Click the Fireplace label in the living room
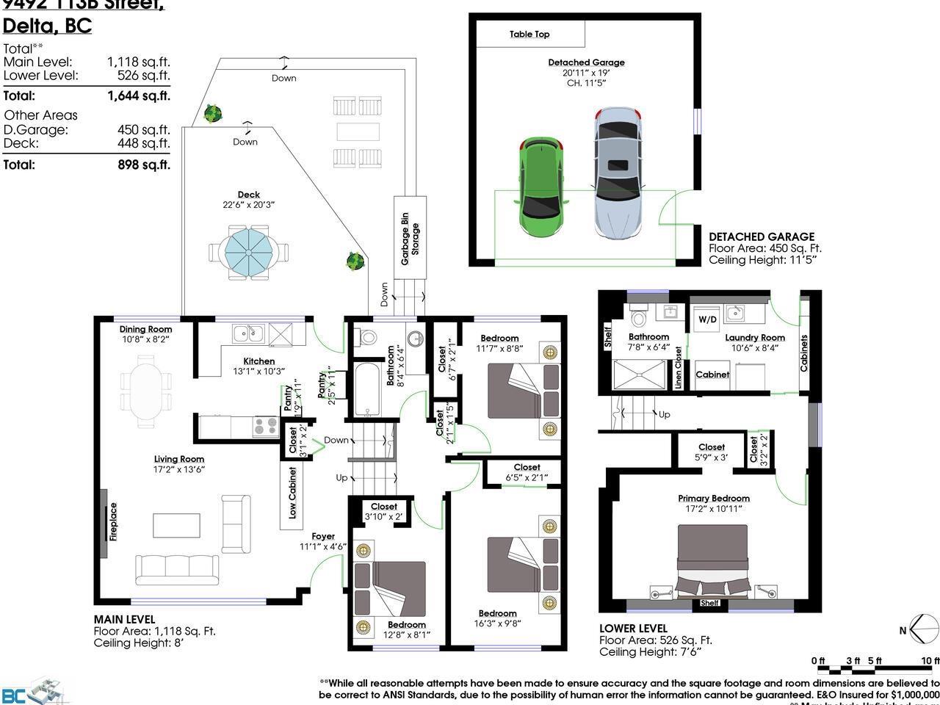point(113,521)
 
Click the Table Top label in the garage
point(529,34)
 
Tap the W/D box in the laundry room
point(707,319)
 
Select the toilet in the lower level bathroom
point(637,316)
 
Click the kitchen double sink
point(250,334)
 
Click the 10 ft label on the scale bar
point(930,661)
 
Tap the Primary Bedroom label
point(713,498)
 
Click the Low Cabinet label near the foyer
point(292,493)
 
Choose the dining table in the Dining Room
point(146,391)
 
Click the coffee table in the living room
point(176,526)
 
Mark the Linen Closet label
point(678,368)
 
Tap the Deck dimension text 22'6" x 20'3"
point(248,205)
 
